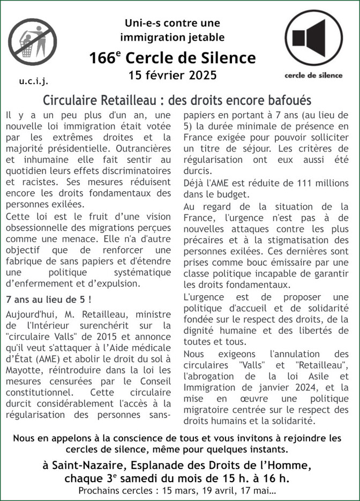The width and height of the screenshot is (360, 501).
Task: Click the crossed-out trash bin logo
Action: click(x=32, y=42)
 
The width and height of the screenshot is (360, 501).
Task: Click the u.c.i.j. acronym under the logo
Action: click(x=33, y=81)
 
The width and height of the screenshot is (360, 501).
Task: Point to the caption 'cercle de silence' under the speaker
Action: click(x=313, y=75)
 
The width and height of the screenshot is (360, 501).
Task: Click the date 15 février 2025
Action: click(x=173, y=76)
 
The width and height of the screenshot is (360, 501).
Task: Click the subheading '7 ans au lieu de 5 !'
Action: click(x=48, y=298)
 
